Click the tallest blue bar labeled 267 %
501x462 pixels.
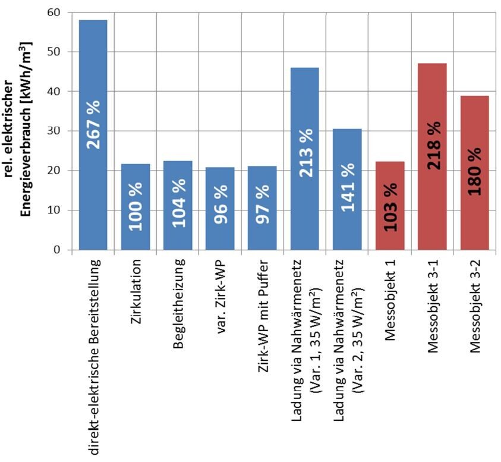click(x=93, y=71)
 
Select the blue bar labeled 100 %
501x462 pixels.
click(x=136, y=178)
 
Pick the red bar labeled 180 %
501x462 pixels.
click(x=474, y=119)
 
